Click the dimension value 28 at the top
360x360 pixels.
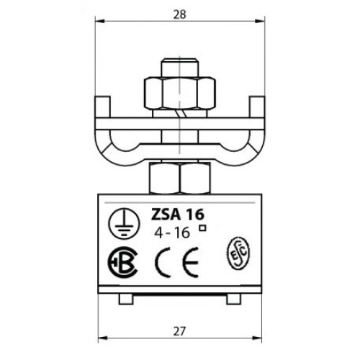click(x=180, y=14)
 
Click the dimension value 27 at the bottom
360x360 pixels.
click(x=179, y=331)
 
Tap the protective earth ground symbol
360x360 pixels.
click(x=124, y=223)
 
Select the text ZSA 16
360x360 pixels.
click(x=177, y=215)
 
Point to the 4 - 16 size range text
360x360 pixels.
click(x=172, y=233)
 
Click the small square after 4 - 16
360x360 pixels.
click(x=203, y=228)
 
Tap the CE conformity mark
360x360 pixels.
click(x=177, y=261)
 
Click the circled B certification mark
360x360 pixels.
click(x=122, y=262)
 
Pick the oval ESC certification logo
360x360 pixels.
click(x=238, y=253)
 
